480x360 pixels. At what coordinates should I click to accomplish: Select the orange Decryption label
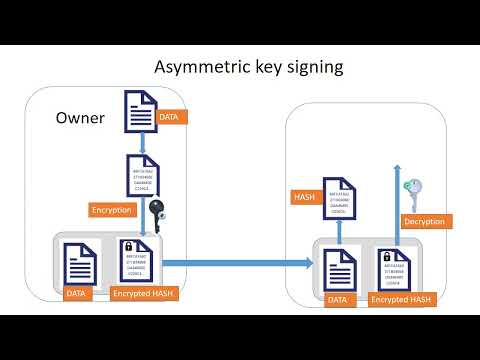423,220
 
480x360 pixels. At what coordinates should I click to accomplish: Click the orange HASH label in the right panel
305,197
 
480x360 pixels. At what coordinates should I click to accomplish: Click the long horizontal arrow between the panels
235,263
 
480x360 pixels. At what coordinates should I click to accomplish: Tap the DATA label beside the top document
174,117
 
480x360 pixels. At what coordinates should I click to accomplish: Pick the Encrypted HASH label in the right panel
403,298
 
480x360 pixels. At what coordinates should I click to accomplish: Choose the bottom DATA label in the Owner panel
77,294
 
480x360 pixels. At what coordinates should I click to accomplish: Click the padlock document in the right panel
392,268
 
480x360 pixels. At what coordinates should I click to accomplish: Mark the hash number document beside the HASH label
338,197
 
